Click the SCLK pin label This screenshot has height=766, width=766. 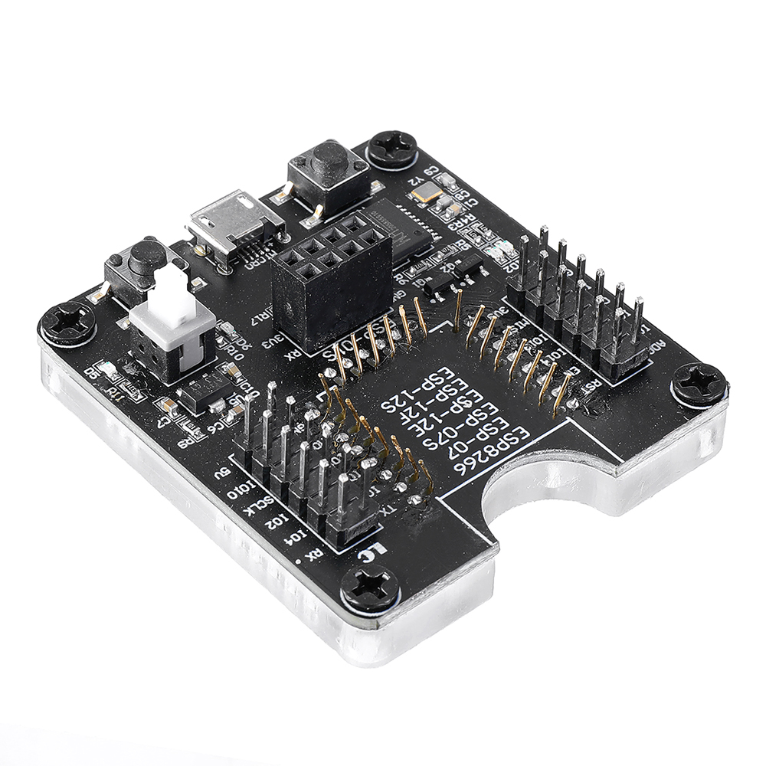point(264,508)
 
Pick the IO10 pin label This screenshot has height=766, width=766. point(244,491)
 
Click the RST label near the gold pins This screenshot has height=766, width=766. point(591,388)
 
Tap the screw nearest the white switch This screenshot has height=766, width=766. point(67,323)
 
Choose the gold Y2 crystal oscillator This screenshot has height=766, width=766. point(425,193)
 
